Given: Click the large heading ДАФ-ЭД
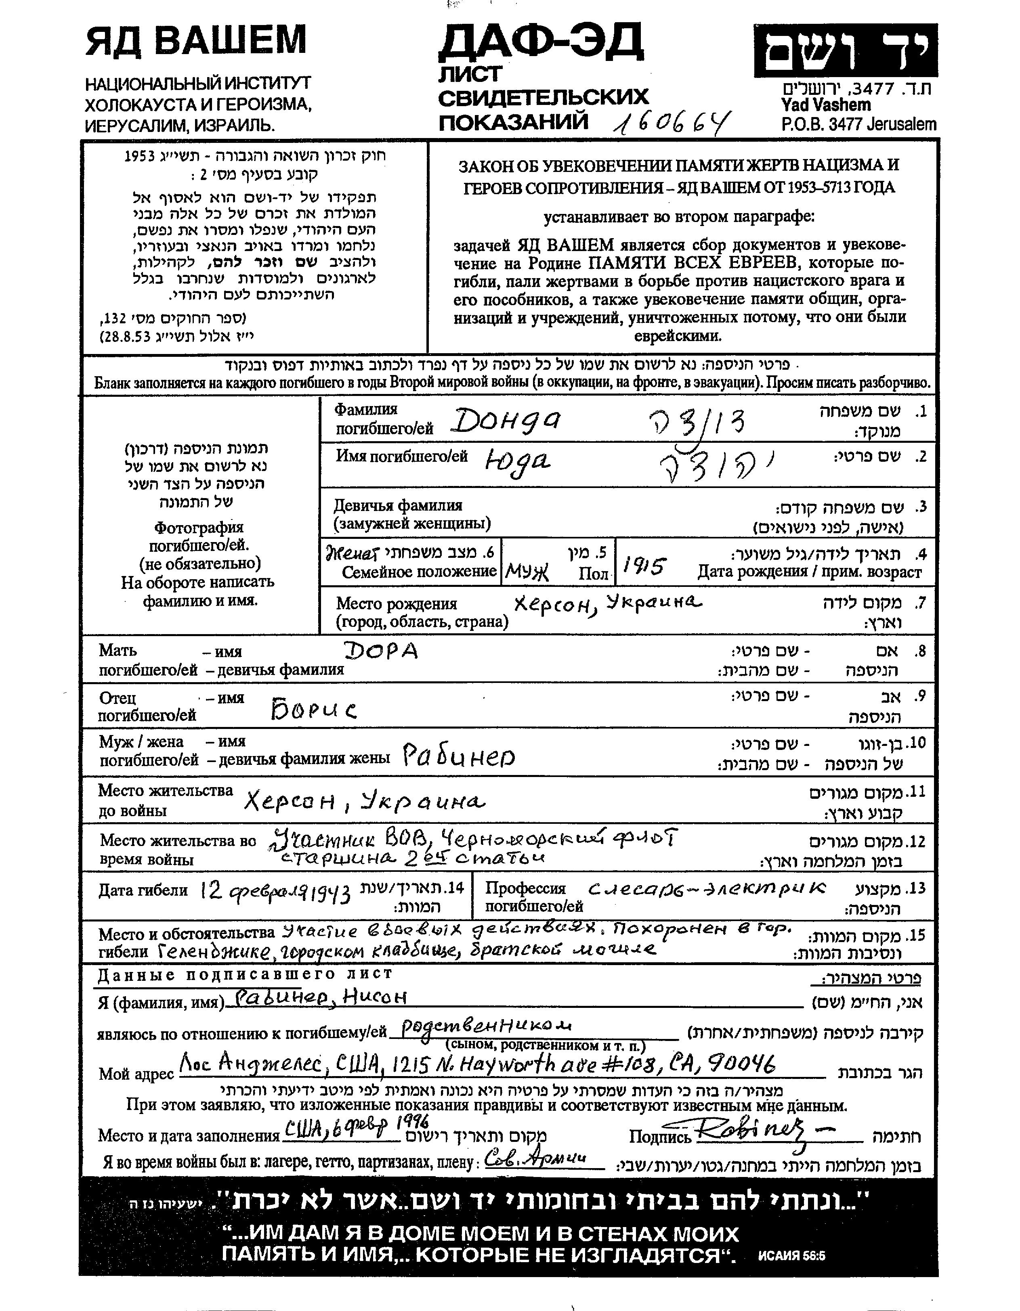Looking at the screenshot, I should (x=540, y=42).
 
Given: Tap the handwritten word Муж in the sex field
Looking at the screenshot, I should (x=527, y=573).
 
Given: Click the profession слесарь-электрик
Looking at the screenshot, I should (x=707, y=889).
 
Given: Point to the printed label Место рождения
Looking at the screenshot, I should (x=396, y=603).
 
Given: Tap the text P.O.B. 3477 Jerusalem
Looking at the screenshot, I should (x=858, y=124).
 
